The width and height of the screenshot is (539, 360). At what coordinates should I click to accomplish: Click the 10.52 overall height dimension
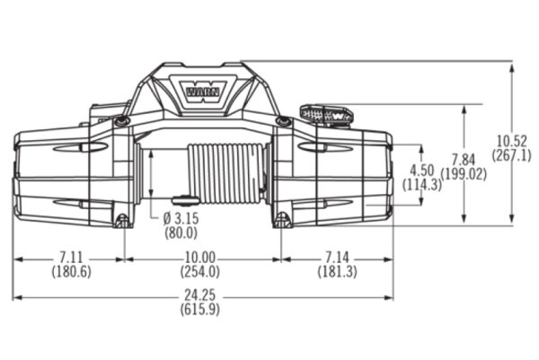(x=511, y=141)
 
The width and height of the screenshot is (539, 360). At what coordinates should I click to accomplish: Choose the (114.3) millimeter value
(x=420, y=184)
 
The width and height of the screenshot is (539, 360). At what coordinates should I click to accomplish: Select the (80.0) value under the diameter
(x=182, y=234)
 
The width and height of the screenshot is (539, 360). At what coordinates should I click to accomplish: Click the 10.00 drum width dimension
(x=201, y=259)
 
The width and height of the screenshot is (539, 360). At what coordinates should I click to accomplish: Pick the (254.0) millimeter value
(x=201, y=271)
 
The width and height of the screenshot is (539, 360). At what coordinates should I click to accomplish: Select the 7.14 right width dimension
(x=335, y=259)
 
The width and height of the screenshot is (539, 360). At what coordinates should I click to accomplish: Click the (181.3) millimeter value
(x=335, y=271)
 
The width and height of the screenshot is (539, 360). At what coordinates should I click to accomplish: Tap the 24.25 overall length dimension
(x=201, y=297)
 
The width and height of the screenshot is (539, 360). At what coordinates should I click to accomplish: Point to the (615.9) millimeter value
(x=201, y=310)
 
